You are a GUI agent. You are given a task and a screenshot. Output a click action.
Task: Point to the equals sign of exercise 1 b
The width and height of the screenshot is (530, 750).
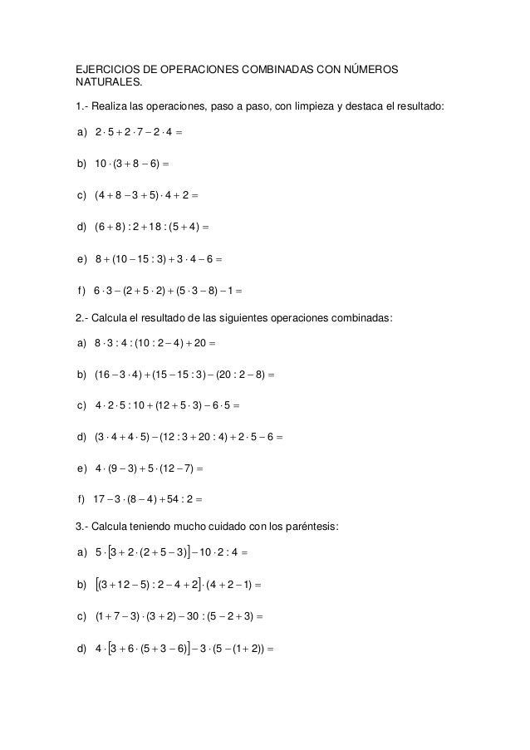click(169, 164)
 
